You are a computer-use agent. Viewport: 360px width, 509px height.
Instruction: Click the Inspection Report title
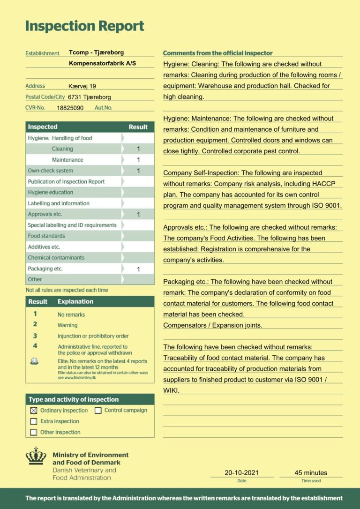click(x=84, y=26)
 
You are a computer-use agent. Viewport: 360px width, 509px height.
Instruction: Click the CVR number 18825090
click(x=70, y=108)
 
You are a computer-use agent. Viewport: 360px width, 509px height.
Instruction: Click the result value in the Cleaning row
click(x=138, y=149)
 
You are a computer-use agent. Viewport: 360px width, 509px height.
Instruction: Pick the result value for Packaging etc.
click(x=138, y=269)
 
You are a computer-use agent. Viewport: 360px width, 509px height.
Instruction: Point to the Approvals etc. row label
click(x=45, y=214)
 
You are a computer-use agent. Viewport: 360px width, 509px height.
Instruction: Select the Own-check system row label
click(x=51, y=171)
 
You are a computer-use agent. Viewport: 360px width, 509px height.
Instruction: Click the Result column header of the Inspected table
click(x=138, y=127)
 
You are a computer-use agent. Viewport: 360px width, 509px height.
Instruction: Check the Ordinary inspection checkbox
click(x=34, y=411)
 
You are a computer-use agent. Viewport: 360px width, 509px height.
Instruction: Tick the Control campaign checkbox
click(x=98, y=411)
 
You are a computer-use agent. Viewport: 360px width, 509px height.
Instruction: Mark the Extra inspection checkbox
click(x=34, y=421)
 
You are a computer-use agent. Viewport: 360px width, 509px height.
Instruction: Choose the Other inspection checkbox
click(x=34, y=432)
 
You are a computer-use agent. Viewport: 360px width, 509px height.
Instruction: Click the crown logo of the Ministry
click(x=36, y=456)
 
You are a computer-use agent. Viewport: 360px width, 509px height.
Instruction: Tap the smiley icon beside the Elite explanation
click(x=34, y=361)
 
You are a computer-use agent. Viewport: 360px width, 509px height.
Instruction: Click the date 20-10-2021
click(x=241, y=473)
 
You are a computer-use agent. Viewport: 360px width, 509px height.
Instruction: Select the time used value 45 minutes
click(x=311, y=473)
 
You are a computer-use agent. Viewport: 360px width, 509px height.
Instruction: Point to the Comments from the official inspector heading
click(x=217, y=53)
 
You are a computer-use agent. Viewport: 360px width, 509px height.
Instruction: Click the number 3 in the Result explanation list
click(x=35, y=336)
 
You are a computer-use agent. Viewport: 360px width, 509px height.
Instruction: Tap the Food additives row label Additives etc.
click(x=44, y=247)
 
